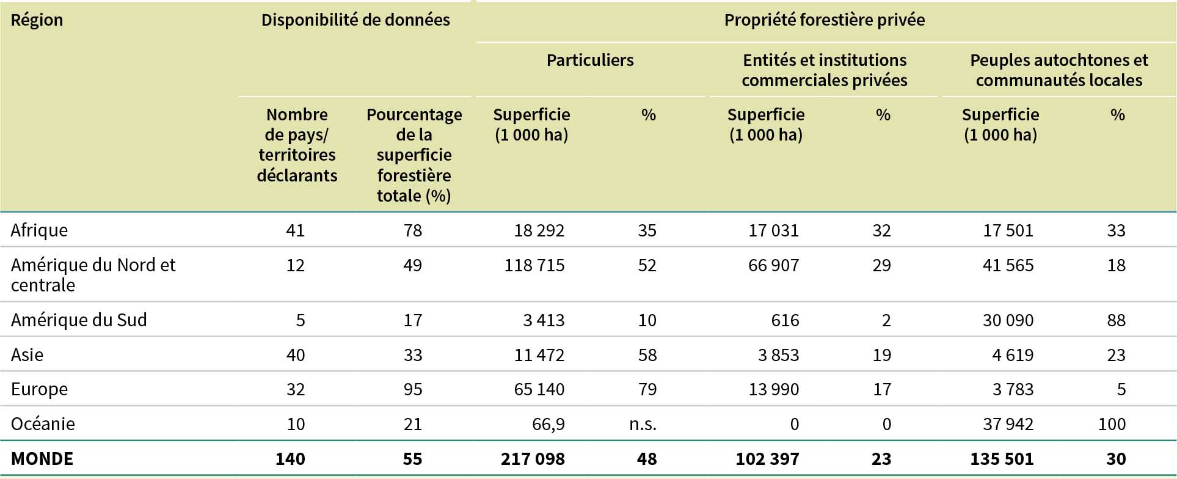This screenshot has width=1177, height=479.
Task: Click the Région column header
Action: point(37,20)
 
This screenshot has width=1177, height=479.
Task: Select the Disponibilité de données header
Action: point(355,20)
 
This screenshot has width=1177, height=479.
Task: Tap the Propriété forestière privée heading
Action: point(824,20)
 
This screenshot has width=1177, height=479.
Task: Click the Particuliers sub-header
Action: point(589,60)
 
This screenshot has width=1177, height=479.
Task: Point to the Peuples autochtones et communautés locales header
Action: point(1059,70)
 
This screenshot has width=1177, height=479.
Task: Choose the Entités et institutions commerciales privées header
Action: point(824,70)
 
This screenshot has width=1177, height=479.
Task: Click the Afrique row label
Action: point(39,230)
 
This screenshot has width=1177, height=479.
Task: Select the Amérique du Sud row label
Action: point(79,320)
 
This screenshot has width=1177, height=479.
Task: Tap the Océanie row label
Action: point(43,423)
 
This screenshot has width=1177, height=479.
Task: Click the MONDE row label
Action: point(42,458)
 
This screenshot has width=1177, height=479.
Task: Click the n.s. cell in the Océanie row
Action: point(643,423)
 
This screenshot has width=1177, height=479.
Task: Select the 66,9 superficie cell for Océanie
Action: point(548,423)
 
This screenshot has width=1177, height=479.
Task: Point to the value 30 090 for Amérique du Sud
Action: point(1008,320)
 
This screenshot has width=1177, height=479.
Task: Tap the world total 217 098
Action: point(533,458)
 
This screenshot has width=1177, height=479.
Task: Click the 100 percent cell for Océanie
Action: point(1112,423)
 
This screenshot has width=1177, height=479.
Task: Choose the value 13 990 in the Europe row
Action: point(773,389)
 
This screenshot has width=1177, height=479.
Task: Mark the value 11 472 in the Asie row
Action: point(539,354)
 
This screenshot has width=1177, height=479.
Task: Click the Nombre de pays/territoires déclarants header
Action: point(297,145)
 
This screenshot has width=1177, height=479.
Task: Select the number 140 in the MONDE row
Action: point(290,458)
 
